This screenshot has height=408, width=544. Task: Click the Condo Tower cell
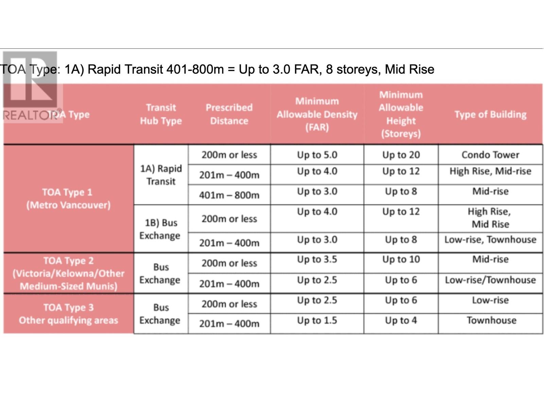[x=490, y=155]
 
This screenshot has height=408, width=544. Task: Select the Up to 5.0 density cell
[x=317, y=155]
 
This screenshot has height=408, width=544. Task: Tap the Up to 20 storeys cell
[x=401, y=155]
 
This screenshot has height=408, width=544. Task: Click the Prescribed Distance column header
[x=229, y=114]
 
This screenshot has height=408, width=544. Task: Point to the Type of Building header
[x=490, y=114]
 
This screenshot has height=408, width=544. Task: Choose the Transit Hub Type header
[x=161, y=114]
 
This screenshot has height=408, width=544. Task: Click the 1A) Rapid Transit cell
[x=161, y=175]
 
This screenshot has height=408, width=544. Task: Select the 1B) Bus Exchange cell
[x=160, y=229]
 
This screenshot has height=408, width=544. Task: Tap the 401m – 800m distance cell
[x=229, y=195]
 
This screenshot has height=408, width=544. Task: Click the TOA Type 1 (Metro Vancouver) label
[x=68, y=199]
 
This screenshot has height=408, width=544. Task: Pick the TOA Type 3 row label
[x=68, y=313]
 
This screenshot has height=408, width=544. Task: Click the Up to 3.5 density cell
[x=317, y=259]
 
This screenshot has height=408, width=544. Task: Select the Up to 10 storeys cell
[x=401, y=259]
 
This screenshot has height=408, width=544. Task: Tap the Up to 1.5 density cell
[x=317, y=320]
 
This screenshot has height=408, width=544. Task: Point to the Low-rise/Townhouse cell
[x=490, y=280]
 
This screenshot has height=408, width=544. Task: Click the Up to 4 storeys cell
[x=401, y=320]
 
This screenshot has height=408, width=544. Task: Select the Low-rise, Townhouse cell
[x=490, y=239]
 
